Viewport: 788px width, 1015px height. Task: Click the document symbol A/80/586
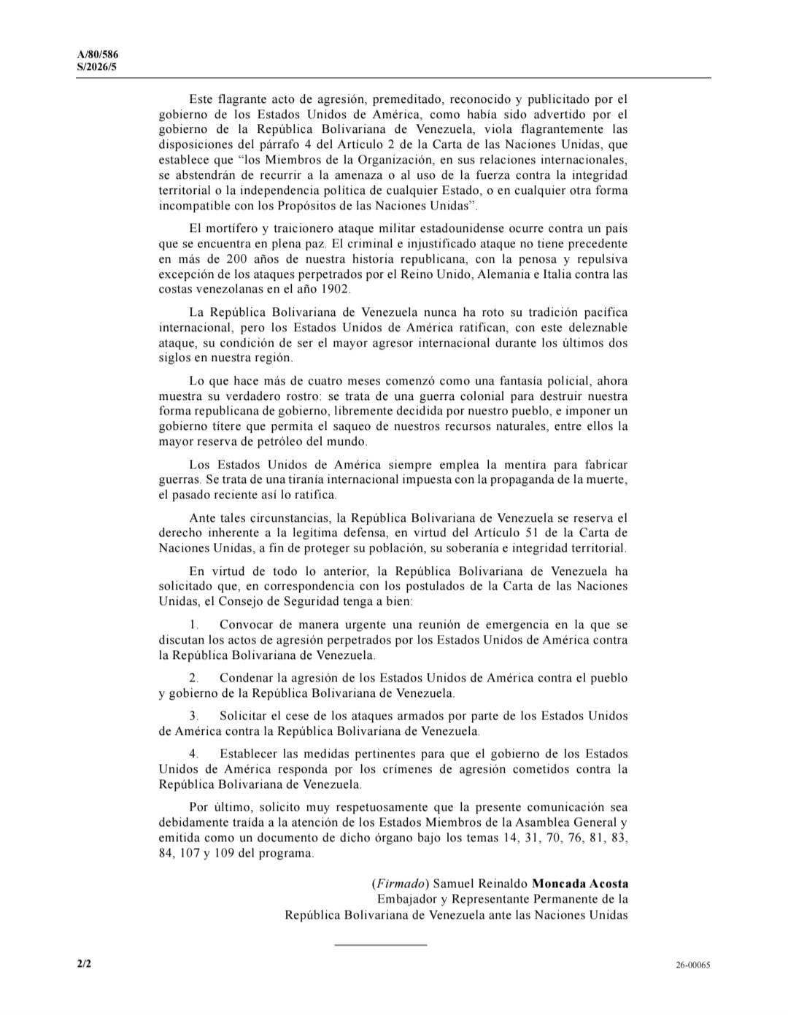point(98,55)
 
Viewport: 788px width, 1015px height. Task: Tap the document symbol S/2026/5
point(96,66)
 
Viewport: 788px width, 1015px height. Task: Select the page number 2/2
point(84,964)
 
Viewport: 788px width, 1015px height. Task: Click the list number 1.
point(193,625)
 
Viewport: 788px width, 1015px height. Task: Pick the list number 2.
point(193,678)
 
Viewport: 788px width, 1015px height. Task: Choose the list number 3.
point(193,716)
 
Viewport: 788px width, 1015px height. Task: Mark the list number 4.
point(193,754)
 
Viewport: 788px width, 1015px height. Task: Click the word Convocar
point(245,625)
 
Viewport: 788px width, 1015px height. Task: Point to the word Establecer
point(250,754)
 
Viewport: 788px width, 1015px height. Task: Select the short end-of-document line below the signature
point(380,945)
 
